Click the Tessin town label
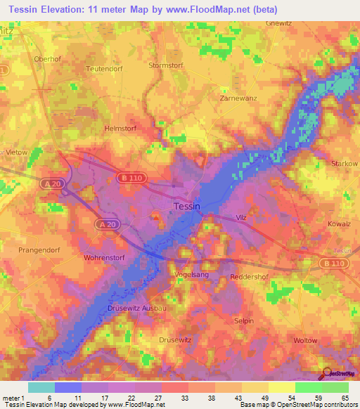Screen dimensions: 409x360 [187, 207]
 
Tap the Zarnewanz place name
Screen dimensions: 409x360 [232, 100]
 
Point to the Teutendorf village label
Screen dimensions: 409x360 [104, 69]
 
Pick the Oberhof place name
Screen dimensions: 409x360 [48, 58]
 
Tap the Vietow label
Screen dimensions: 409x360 [16, 152]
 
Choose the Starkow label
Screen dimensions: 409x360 [344, 163]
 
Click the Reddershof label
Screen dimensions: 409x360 [251, 277]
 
